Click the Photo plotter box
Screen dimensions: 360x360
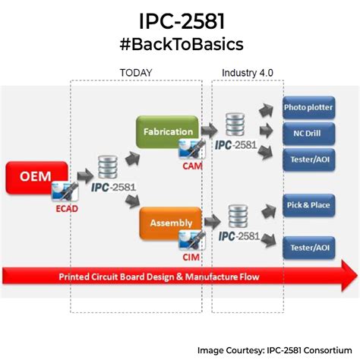click(x=308, y=107)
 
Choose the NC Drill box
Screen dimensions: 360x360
click(x=308, y=132)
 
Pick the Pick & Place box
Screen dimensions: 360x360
click(x=308, y=207)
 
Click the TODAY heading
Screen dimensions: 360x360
click(x=136, y=73)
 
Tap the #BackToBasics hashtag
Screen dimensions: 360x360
click(x=180, y=44)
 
